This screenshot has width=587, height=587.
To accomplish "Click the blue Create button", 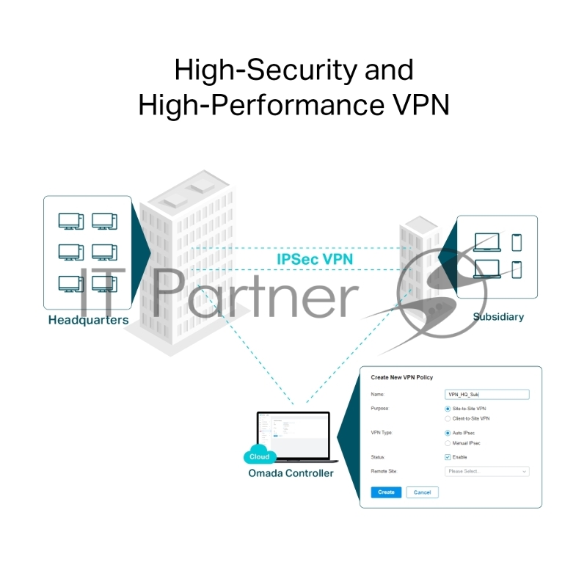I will (x=386, y=492).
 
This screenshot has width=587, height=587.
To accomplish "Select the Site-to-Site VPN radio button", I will (x=448, y=408).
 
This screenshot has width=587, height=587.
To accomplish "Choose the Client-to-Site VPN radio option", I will (x=448, y=418).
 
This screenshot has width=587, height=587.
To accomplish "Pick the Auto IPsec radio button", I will (x=448, y=433).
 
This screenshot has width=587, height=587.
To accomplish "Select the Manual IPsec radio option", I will (x=448, y=443).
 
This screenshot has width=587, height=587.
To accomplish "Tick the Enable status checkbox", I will (x=448, y=457).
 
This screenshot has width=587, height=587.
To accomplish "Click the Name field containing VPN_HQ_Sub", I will (x=487, y=394).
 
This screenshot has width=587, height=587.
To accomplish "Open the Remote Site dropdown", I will (x=487, y=471).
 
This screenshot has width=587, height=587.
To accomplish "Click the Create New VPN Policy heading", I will (x=402, y=377).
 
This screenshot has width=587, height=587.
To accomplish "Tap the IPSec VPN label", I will (x=315, y=260).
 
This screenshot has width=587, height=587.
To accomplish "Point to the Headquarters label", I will (x=88, y=320).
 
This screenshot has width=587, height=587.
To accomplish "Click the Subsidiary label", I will (x=498, y=317).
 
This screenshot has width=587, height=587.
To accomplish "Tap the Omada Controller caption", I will (x=291, y=473).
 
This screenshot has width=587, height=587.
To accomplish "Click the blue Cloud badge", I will (x=259, y=456).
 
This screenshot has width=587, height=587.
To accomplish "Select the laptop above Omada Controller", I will (x=293, y=437).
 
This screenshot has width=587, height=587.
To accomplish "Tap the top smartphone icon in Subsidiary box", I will (x=517, y=242).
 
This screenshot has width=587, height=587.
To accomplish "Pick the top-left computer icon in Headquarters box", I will (x=71, y=221).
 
